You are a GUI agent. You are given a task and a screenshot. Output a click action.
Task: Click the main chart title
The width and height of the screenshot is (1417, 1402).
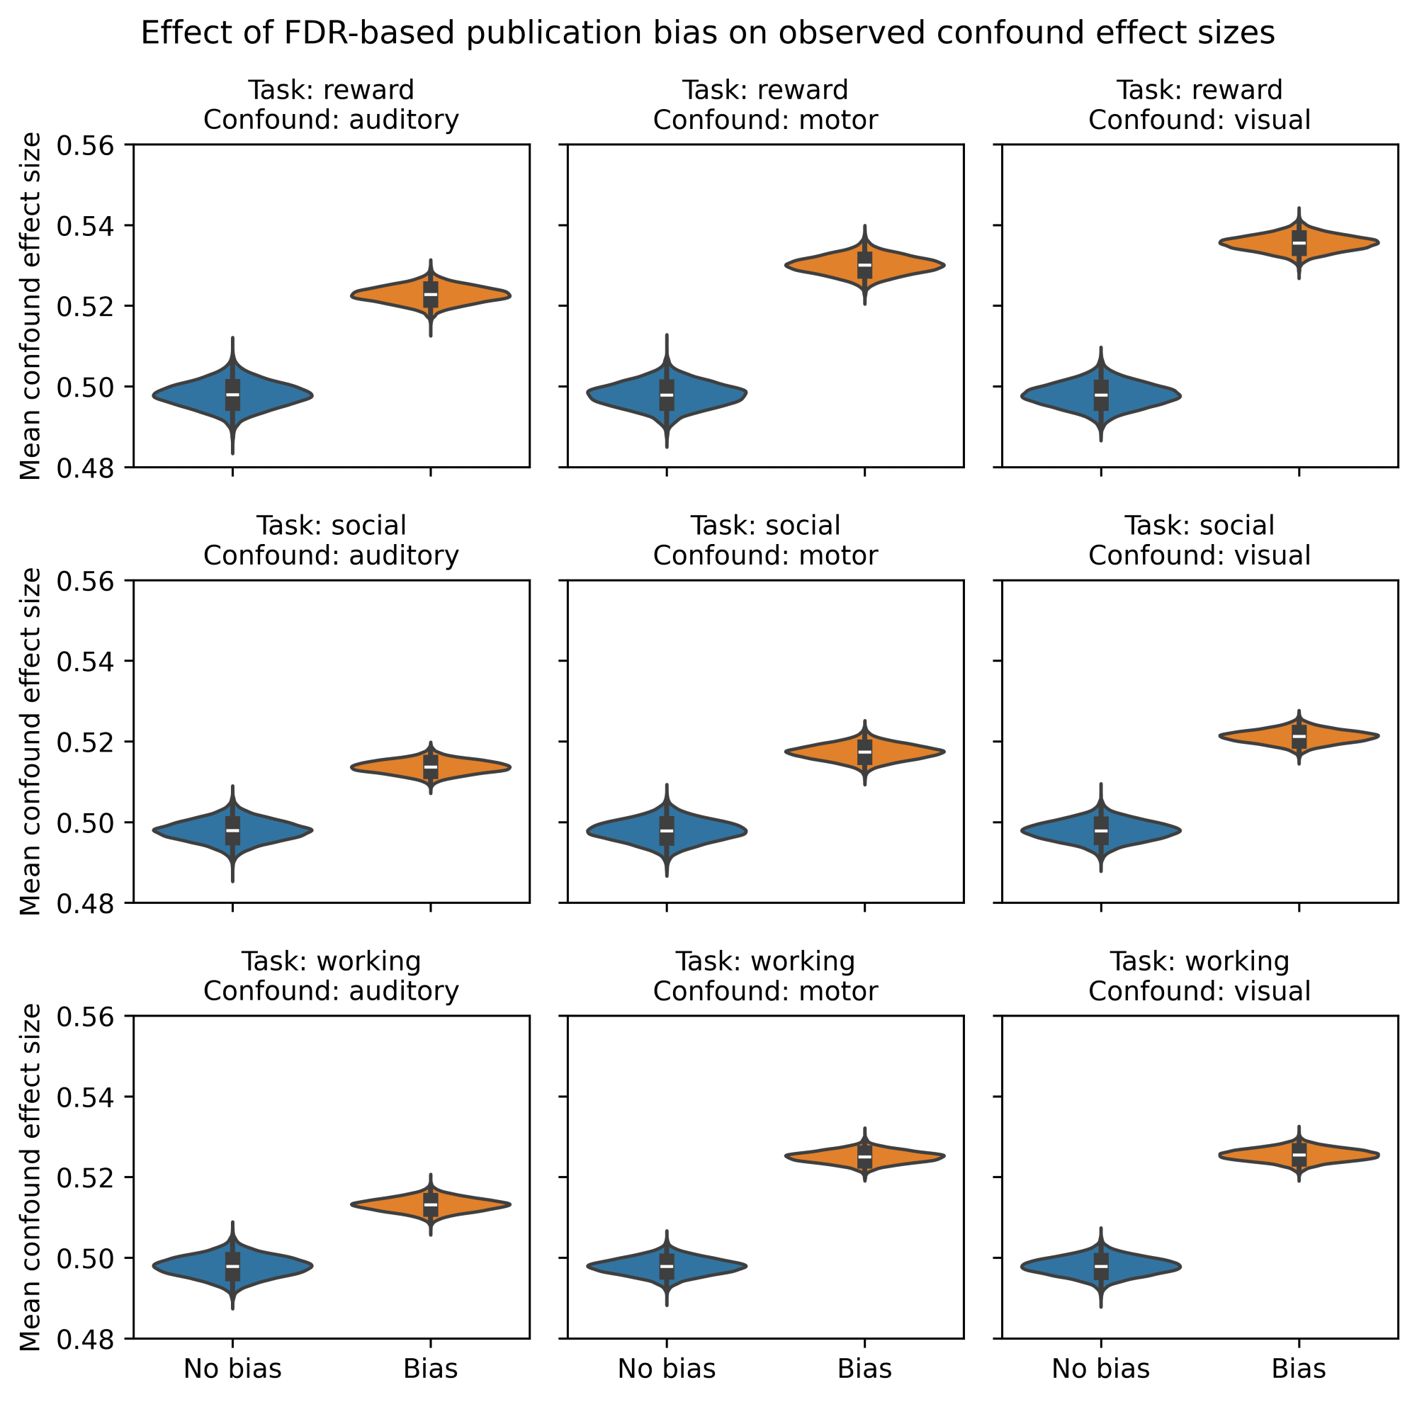click(x=707, y=34)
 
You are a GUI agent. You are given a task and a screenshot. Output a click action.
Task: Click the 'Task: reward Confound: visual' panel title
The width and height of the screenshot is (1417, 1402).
click(x=1199, y=105)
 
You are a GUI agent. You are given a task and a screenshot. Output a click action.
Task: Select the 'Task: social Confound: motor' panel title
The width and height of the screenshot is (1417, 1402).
click(x=765, y=541)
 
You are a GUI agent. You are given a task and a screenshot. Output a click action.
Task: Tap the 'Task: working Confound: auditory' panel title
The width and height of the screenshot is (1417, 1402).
click(x=331, y=976)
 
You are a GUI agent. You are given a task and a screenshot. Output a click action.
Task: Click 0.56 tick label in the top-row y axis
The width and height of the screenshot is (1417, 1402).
click(x=86, y=145)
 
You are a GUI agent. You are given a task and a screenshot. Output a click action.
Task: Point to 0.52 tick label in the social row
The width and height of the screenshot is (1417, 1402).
click(x=86, y=742)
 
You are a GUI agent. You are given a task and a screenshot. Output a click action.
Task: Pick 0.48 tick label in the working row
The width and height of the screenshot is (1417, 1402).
click(x=86, y=1339)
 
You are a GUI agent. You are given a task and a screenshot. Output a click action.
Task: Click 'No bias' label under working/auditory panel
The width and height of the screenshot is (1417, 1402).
click(x=232, y=1368)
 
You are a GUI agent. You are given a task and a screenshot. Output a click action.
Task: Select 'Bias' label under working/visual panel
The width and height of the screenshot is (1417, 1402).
click(x=1299, y=1368)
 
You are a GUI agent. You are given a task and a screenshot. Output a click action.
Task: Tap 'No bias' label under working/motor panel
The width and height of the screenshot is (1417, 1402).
click(x=667, y=1368)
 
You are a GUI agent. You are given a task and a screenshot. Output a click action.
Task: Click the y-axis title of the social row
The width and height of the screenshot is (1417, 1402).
click(x=30, y=742)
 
